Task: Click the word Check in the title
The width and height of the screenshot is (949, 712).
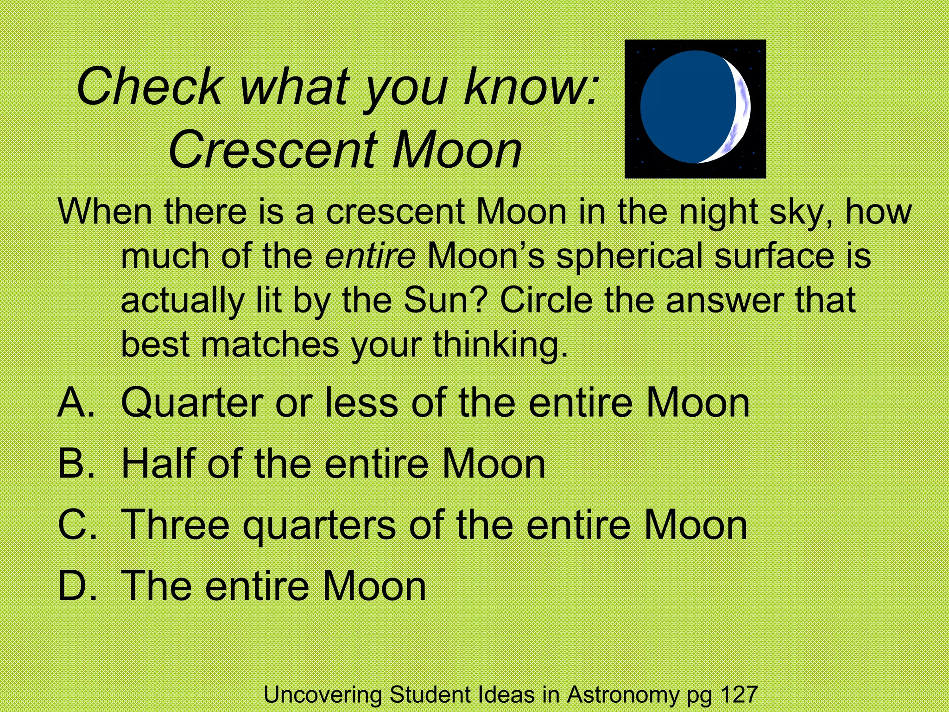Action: pyautogui.click(x=150, y=87)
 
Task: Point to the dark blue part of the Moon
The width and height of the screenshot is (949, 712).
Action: pyautogui.click(x=686, y=107)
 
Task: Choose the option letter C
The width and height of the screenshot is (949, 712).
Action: pyautogui.click(x=76, y=525)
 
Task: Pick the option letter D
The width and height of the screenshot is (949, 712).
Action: pyautogui.click(x=76, y=586)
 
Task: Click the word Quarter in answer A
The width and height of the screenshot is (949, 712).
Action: pyautogui.click(x=192, y=403)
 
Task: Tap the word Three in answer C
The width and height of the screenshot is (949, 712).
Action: pyautogui.click(x=175, y=525)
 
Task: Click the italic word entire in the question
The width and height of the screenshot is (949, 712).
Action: pyautogui.click(x=370, y=256)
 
